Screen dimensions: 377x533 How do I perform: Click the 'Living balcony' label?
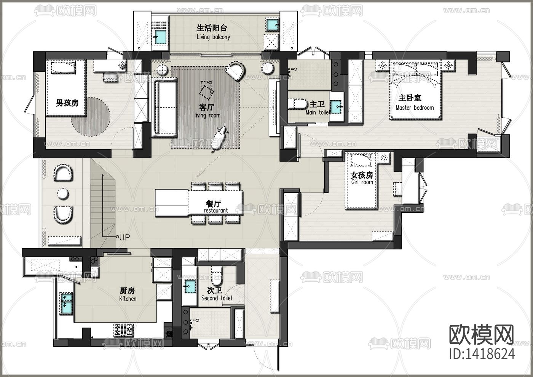[213, 37]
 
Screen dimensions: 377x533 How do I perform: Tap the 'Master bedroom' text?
[415, 108]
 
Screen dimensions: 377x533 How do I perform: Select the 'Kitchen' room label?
[128, 299]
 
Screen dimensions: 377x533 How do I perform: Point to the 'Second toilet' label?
[217, 298]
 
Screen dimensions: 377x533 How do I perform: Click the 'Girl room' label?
[362, 182]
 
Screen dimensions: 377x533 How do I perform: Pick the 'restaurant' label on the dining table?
[216, 210]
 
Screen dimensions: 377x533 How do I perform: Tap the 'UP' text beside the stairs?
[124, 237]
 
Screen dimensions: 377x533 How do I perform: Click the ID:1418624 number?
[482, 354]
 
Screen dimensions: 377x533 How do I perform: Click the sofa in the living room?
[165, 108]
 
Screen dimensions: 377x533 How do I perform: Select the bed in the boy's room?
[66, 88]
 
